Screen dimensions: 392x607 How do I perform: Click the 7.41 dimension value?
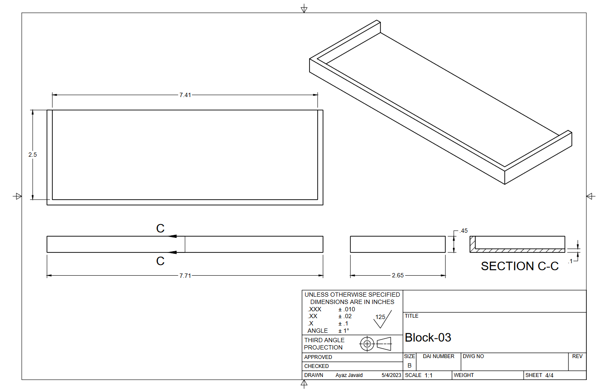click(x=185, y=95)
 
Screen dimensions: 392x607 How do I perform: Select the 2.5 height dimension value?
click(x=33, y=155)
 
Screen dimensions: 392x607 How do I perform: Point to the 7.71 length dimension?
click(x=185, y=276)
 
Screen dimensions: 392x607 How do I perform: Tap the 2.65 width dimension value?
click(x=398, y=275)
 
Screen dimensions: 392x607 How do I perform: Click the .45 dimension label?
click(x=464, y=231)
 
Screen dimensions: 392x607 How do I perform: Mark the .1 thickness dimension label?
click(x=570, y=261)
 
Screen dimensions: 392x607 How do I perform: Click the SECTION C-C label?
click(x=519, y=266)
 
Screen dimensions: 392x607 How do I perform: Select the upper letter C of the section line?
click(x=160, y=228)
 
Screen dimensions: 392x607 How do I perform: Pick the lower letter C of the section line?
click(x=160, y=261)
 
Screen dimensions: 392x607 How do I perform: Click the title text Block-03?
click(x=428, y=337)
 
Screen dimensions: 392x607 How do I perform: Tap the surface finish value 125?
click(x=380, y=317)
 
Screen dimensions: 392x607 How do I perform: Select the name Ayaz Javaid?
click(x=349, y=375)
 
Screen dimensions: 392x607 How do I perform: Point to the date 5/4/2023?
click(x=391, y=375)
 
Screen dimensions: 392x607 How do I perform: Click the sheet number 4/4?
click(x=549, y=375)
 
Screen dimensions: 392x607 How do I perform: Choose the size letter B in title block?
click(x=410, y=365)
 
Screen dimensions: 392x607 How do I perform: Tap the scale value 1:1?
click(x=428, y=375)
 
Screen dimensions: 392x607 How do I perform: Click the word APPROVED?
click(x=318, y=357)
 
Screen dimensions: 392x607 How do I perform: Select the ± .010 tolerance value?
click(x=346, y=309)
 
